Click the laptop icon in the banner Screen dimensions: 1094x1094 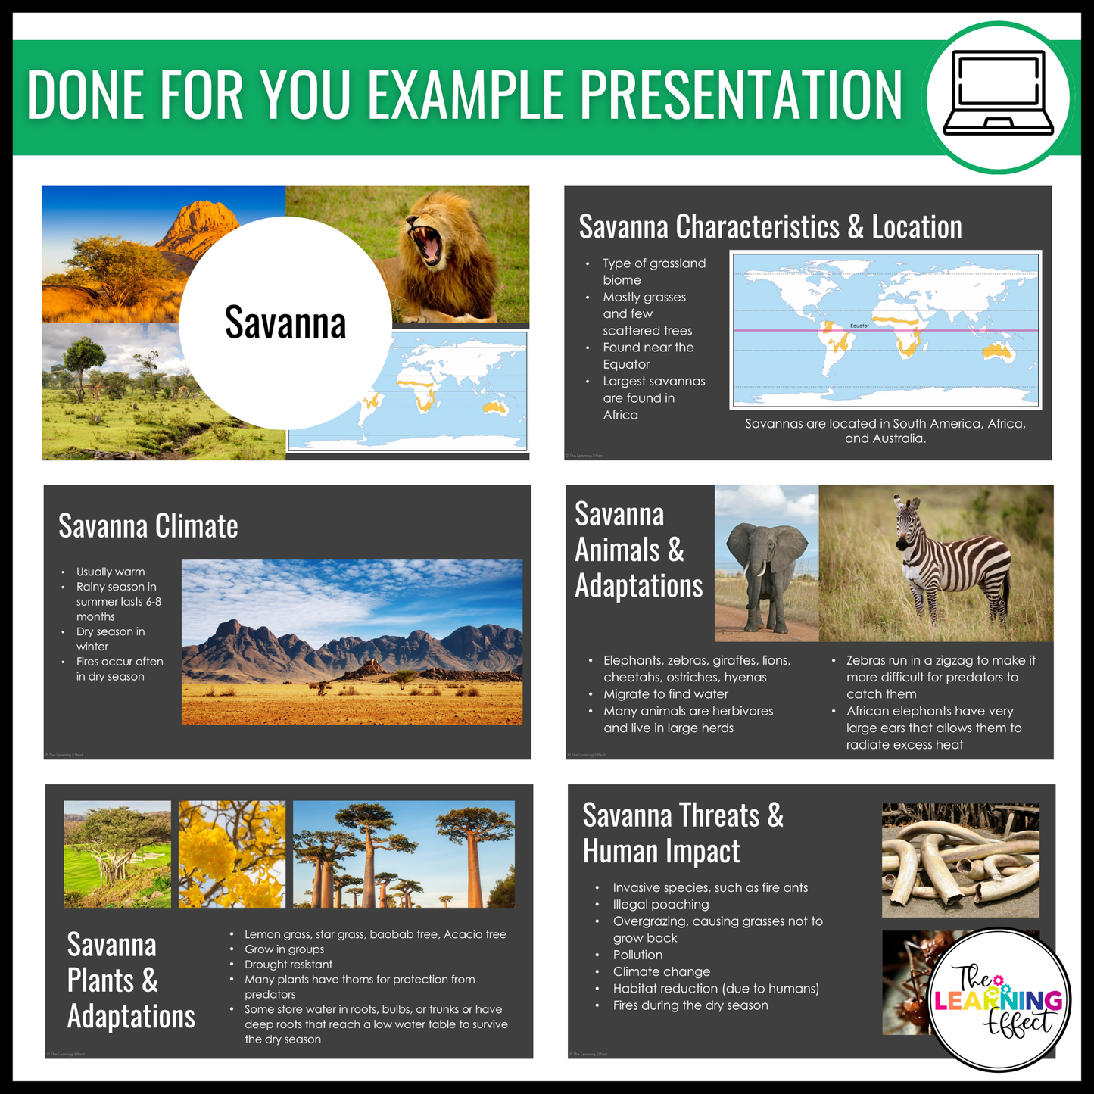point(998,94)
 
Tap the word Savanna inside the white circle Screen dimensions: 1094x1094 point(285,323)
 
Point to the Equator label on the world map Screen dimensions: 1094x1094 point(859,326)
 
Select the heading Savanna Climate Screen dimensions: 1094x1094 point(148,526)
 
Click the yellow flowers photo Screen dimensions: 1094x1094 point(232,854)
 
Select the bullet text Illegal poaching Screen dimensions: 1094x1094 point(660,904)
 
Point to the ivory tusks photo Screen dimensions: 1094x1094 point(960,861)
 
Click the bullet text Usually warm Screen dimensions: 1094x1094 point(111,572)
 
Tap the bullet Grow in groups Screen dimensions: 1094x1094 point(284,949)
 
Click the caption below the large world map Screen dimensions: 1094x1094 point(885,431)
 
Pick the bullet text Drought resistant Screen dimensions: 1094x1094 point(288,965)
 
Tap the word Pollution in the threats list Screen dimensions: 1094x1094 point(637,955)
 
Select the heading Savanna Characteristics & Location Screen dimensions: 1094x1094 point(770,227)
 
